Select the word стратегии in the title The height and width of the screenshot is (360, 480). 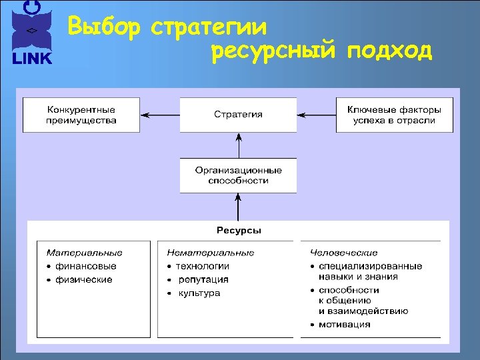click(x=209, y=28)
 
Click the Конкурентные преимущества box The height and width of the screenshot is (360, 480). click(x=81, y=115)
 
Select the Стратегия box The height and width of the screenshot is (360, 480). click(x=238, y=115)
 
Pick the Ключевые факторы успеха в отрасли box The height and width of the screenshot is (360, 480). click(x=394, y=115)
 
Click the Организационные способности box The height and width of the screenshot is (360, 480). click(x=238, y=175)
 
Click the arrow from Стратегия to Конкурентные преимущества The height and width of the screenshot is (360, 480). click(x=159, y=115)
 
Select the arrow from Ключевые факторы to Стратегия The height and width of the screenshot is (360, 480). click(x=316, y=115)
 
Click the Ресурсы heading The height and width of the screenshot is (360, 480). click(x=239, y=231)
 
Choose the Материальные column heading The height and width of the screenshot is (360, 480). click(x=84, y=253)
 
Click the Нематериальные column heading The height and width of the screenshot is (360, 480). click(x=211, y=253)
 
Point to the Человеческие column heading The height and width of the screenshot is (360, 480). click(x=344, y=253)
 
